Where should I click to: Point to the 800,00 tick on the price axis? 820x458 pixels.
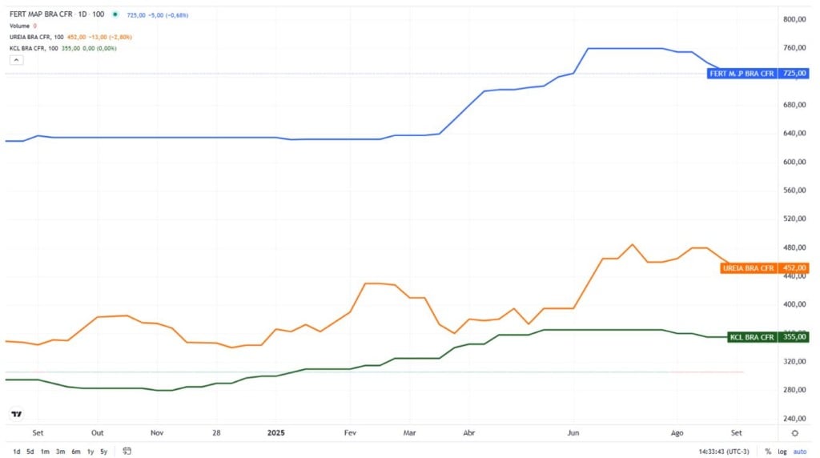coord(794,19)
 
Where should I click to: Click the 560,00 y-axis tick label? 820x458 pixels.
coord(794,191)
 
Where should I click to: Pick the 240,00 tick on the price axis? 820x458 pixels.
coord(794,419)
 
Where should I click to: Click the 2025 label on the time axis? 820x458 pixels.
coord(276,432)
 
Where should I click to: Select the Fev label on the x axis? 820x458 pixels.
coord(349,432)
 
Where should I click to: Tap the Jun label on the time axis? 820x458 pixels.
coord(573,432)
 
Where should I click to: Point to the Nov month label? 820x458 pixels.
coord(157,432)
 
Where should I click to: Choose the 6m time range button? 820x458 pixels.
coord(74,452)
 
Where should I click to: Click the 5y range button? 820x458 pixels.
coord(103,452)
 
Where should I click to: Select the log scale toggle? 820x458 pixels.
coord(782,452)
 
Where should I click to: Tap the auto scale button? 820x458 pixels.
coord(799,452)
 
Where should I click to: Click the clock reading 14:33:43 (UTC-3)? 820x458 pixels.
coord(724,452)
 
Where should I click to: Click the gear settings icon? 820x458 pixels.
coord(794,433)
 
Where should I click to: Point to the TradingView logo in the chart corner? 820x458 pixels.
coord(16,414)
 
